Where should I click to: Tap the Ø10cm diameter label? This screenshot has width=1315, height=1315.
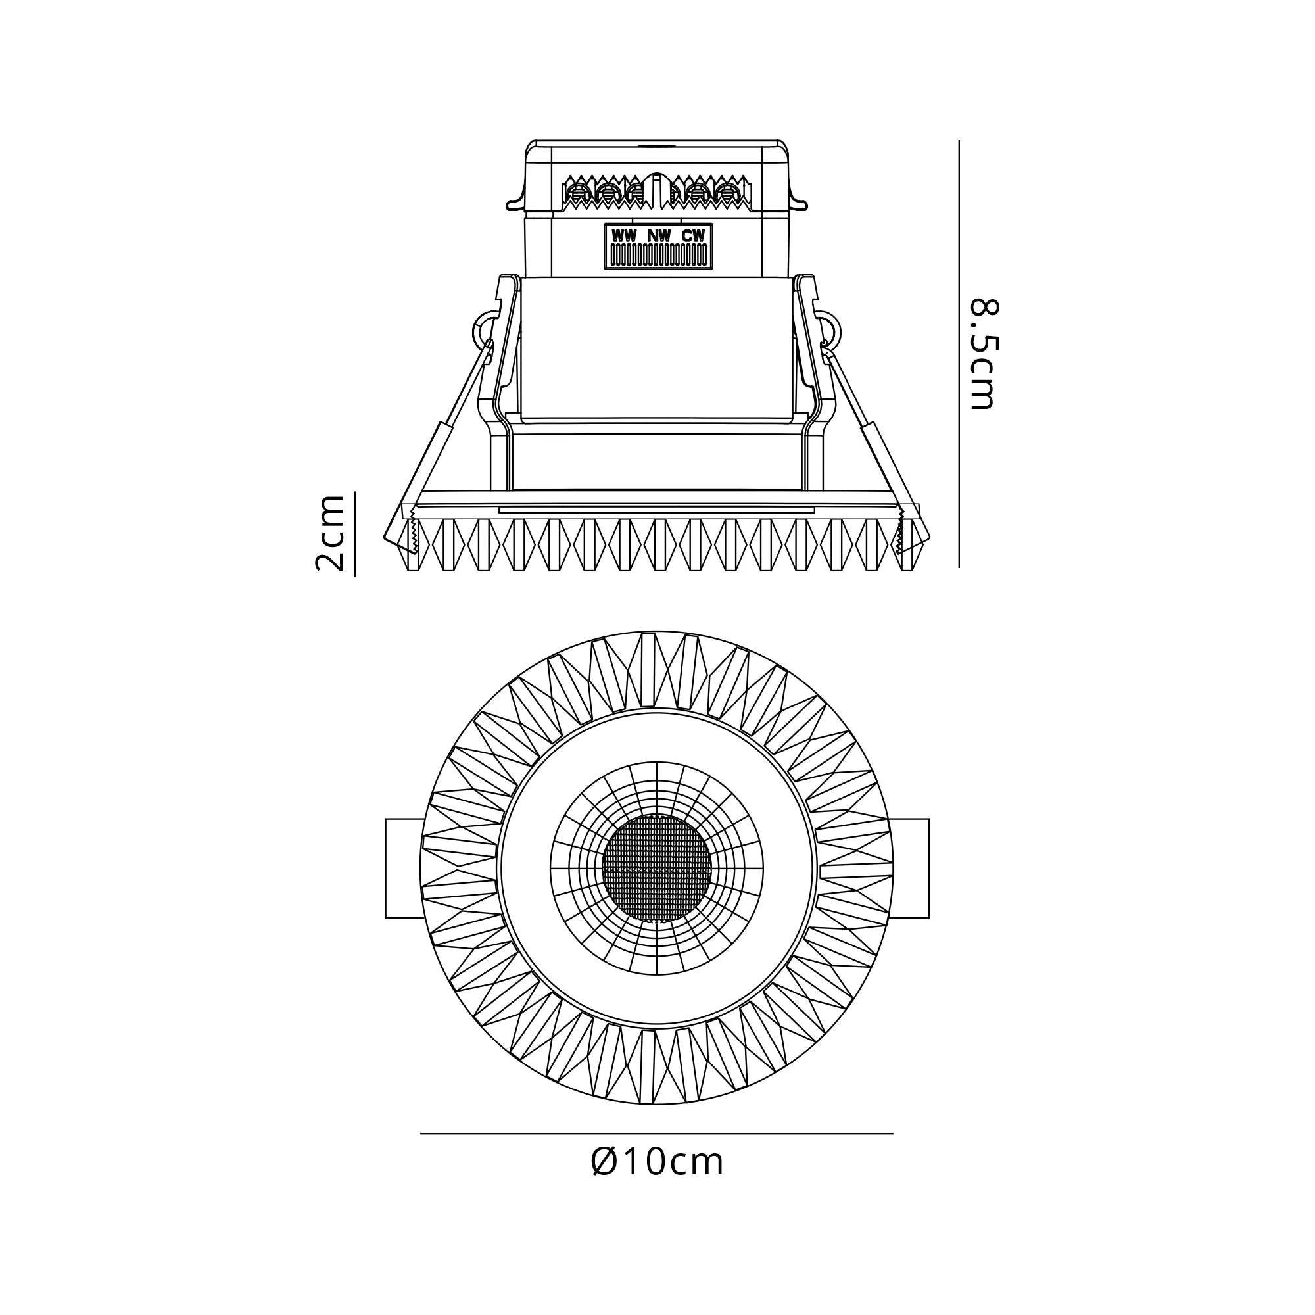657,1162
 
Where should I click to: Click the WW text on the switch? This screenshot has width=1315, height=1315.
624,236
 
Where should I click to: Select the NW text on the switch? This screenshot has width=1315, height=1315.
658,236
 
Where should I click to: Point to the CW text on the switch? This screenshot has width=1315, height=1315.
693,236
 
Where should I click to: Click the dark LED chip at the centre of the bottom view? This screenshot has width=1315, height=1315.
657,869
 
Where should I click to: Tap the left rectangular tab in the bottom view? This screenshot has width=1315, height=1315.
404,869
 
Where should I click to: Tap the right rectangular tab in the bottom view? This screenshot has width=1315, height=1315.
910,869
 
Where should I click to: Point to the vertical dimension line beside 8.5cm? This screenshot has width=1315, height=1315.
959,354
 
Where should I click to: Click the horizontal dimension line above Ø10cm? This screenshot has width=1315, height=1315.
656,1134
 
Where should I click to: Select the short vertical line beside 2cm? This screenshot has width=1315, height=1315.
354,533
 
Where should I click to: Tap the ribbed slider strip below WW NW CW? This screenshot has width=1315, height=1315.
658,255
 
